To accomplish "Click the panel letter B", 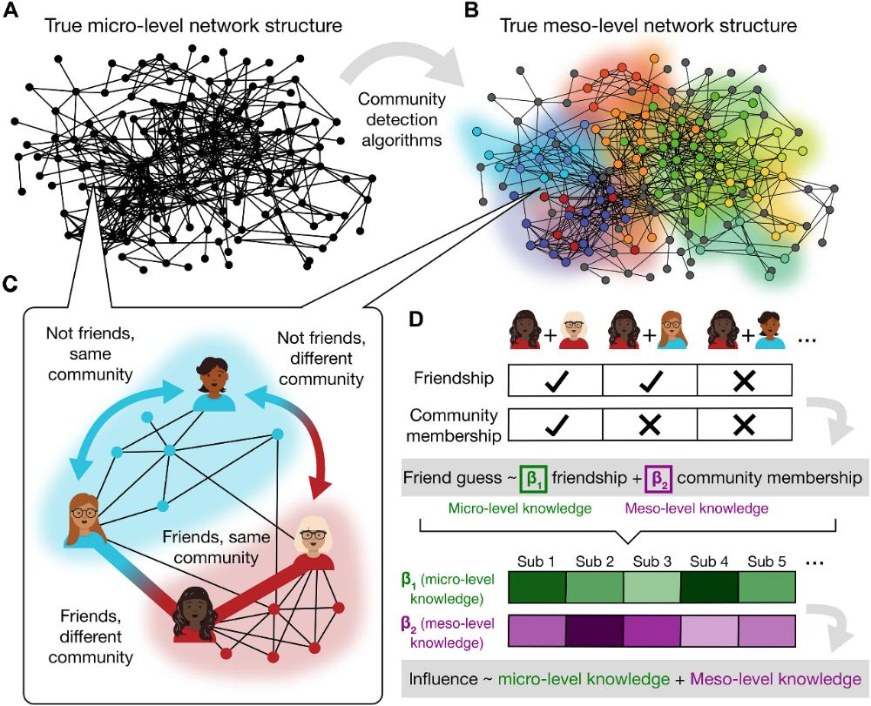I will pyautogui.click(x=472, y=11).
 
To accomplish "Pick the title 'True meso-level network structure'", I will pyautogui.click(x=648, y=25).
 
